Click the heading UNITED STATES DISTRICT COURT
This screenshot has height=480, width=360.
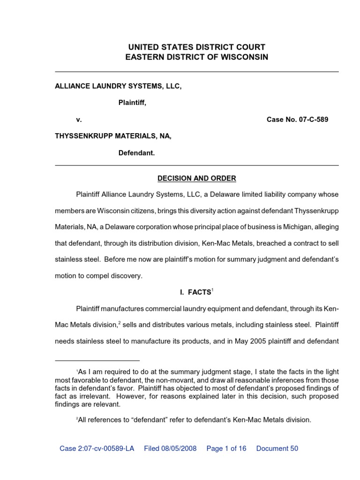pos(197,47)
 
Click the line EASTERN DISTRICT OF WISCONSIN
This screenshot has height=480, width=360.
pos(197,57)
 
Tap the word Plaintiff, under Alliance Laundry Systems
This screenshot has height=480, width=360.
pos(132,103)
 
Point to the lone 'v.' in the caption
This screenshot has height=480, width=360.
pos(79,120)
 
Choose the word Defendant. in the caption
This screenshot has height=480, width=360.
pos(136,153)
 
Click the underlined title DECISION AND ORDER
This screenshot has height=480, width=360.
pos(197,179)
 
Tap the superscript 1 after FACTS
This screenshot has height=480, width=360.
pos(212,290)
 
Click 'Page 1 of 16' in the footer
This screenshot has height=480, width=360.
pos(226,449)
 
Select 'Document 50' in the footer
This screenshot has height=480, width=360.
pos(277,449)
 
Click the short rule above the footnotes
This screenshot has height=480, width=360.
pos(97,361)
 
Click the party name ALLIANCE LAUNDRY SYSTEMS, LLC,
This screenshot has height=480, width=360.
pos(118,86)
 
